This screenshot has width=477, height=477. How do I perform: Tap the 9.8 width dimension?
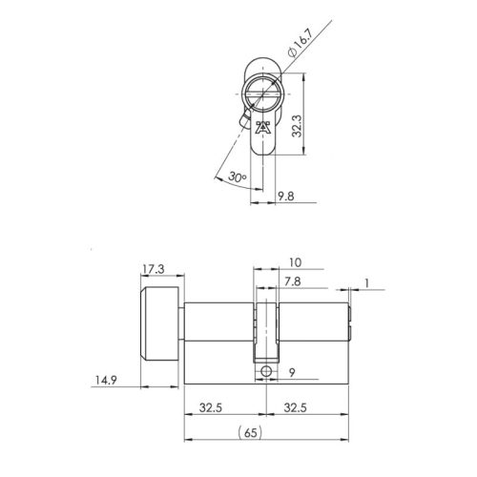284,197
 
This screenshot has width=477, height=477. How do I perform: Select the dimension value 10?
294,260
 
